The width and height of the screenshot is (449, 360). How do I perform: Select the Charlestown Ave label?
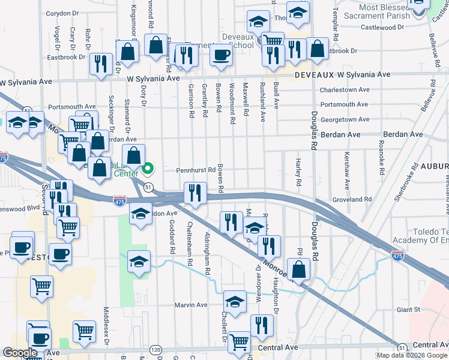pyautogui.click(x=345, y=90)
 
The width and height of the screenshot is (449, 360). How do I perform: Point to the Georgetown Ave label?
pyautogui.click(x=345, y=120)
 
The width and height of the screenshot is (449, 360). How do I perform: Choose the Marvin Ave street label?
pyautogui.click(x=190, y=305)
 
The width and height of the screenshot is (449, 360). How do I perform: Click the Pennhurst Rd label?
pyautogui.click(x=195, y=170)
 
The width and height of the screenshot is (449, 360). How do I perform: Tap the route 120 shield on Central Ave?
pyautogui.click(x=156, y=349)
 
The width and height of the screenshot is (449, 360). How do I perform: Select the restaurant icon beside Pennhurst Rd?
pyautogui.click(x=194, y=193)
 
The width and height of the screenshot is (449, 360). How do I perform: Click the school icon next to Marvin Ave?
pyautogui.click(x=235, y=301)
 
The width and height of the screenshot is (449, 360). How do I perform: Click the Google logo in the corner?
pyautogui.click(x=20, y=353)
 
